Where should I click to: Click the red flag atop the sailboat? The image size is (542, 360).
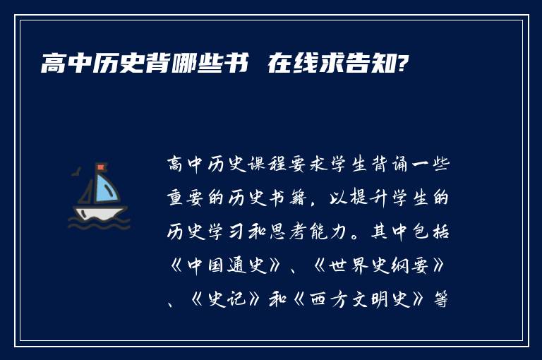100,167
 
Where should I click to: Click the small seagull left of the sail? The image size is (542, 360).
77,171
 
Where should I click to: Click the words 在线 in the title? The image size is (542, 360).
288,65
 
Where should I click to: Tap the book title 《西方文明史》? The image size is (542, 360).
373,298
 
